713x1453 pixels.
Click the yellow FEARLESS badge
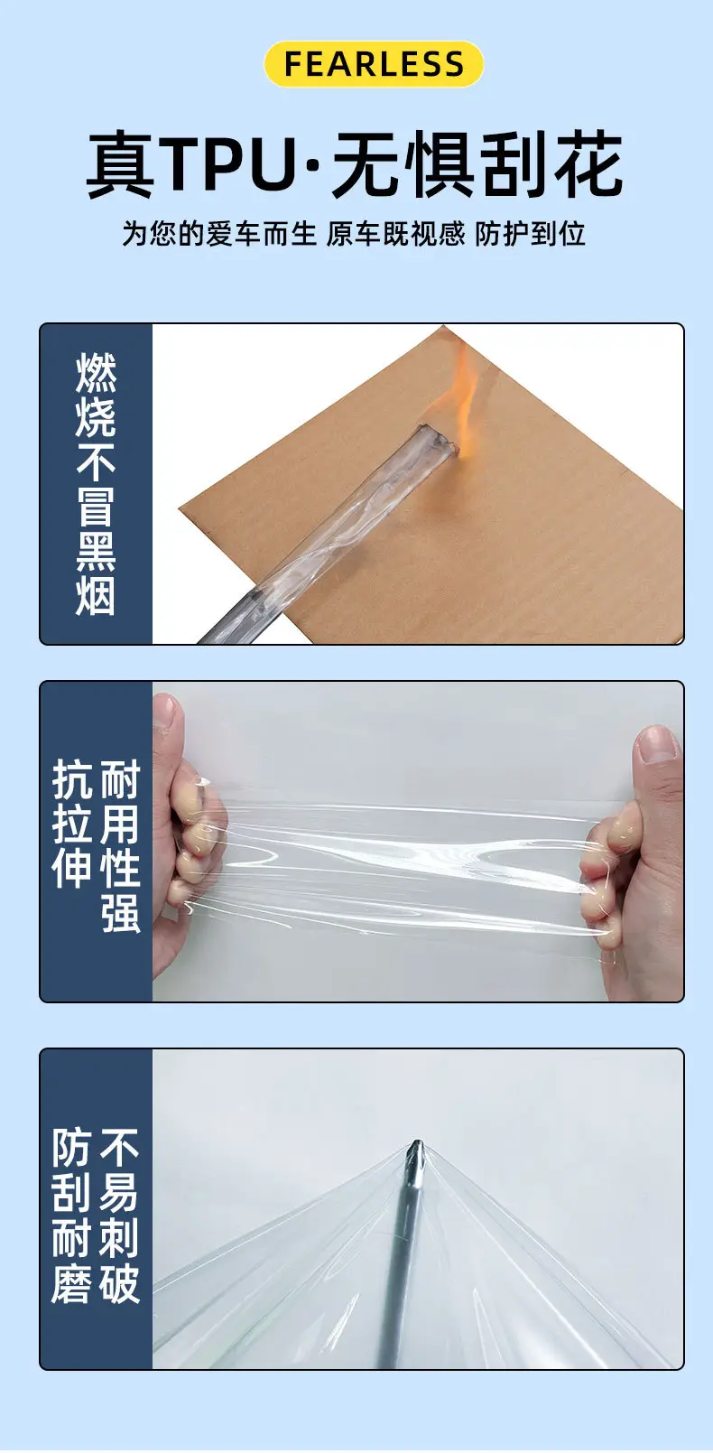point(374,63)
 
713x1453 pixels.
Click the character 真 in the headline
point(121,164)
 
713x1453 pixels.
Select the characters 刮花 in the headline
point(552,164)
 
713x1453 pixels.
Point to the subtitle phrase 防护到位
point(530,234)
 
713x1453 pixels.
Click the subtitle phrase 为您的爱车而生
point(219,234)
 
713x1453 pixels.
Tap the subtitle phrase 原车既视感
point(395,234)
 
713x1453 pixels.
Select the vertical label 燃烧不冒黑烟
point(96,484)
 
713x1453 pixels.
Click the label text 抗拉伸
point(72,824)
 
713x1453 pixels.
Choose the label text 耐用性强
point(121,847)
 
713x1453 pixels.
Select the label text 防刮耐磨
point(71,1216)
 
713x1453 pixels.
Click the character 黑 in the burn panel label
point(96,552)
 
